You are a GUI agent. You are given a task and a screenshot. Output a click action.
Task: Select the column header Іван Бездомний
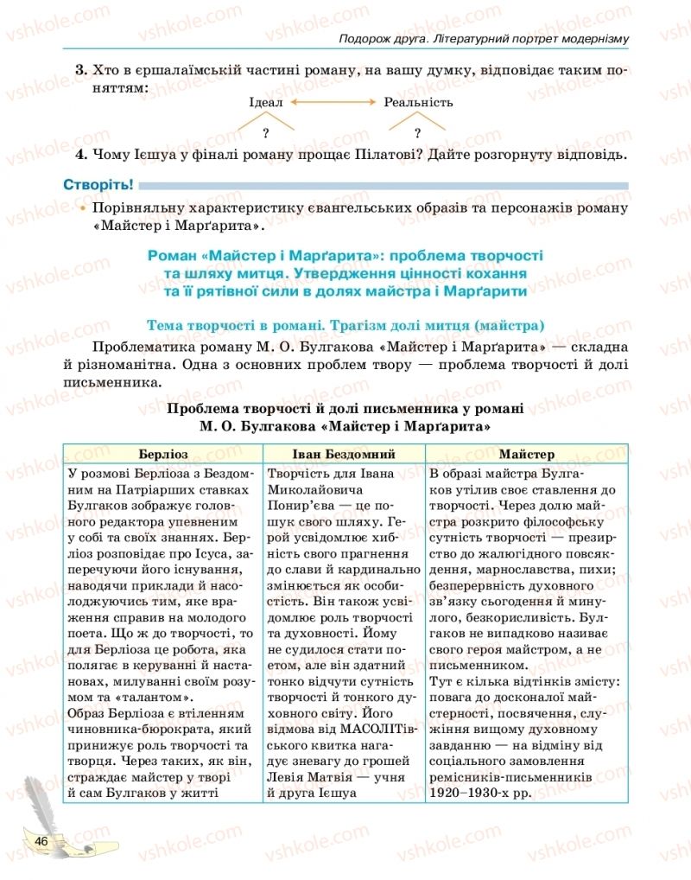[x=343, y=454]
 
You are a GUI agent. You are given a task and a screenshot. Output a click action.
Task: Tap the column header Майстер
[x=527, y=454]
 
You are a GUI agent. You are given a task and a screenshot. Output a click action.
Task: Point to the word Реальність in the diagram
[x=418, y=102]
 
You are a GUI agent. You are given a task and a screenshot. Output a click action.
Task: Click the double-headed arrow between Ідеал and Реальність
[x=334, y=102]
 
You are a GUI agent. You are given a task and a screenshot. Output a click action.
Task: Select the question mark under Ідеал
[x=266, y=132]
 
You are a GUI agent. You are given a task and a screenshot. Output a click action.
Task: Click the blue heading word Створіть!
[x=98, y=184]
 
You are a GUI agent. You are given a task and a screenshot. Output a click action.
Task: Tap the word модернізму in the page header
[x=586, y=39]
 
